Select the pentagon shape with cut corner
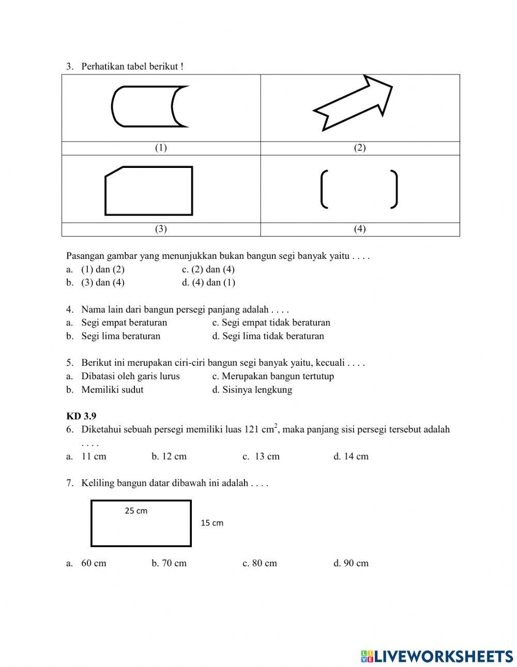click(149, 191)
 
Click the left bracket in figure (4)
click(324, 189)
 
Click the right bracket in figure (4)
click(394, 189)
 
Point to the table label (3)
click(161, 229)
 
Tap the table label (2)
click(360, 148)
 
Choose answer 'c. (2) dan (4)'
click(208, 269)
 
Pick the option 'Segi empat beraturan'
click(124, 322)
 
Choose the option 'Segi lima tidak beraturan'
click(273, 336)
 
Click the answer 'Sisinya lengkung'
click(257, 390)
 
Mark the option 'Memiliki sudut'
click(112, 390)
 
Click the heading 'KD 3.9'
click(81, 416)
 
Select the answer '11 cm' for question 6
click(94, 456)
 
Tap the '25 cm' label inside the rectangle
click(136, 511)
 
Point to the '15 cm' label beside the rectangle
click(212, 523)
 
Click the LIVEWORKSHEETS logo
click(437, 656)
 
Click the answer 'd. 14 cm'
click(351, 456)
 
